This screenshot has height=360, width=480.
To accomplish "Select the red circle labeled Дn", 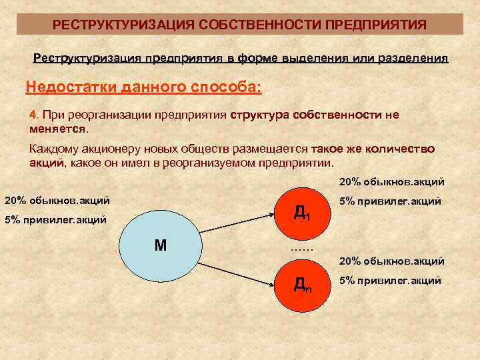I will coord(301,285).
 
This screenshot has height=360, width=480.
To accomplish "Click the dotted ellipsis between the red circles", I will coord(301,249).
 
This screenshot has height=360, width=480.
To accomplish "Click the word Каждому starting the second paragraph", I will coord(55,149).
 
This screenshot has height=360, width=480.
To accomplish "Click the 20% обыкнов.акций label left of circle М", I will coord(57,200).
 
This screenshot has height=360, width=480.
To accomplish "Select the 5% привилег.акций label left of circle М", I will coord(56,219).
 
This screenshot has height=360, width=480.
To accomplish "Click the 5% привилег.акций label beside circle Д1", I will coord(390,201).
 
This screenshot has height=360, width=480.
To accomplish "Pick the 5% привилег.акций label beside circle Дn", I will coord(390,280).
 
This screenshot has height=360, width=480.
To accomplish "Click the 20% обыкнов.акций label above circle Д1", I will coord(392,181).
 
